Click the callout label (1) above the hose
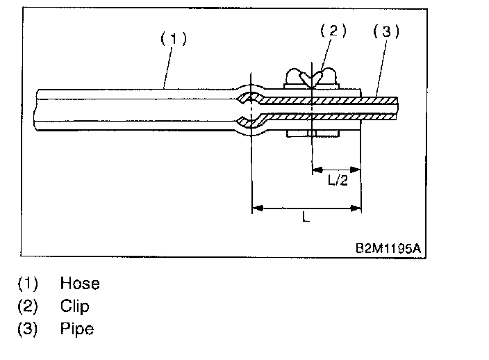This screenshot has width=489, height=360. tap(174, 39)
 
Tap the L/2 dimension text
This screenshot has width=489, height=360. tap(338, 179)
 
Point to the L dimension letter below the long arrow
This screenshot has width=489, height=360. tap(306, 218)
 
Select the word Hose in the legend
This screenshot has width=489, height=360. tap(80, 284)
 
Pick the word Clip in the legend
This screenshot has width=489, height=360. tap(75, 306)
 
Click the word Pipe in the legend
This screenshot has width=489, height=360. tap(77, 328)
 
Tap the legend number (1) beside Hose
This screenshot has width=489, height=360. tap(28, 284)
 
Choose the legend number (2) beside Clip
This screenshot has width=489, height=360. tap(28, 306)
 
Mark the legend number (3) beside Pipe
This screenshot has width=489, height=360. tap(28, 328)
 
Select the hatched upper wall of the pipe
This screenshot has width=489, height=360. tap(326, 99)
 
